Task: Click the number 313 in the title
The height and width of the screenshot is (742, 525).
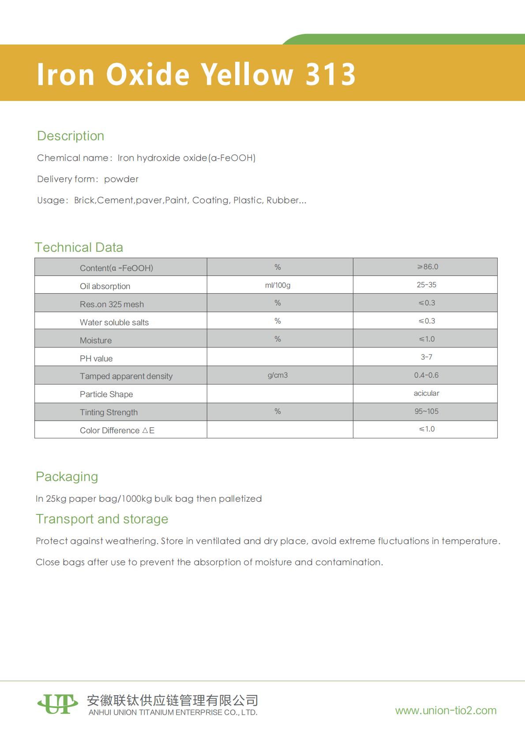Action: (x=330, y=74)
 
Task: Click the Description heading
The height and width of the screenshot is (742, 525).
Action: (x=71, y=136)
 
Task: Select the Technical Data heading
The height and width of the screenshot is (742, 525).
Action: (x=79, y=247)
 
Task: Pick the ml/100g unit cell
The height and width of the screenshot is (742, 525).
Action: (x=277, y=285)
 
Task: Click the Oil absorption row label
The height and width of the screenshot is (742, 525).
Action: (x=105, y=286)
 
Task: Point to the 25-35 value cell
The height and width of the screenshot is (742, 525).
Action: (x=426, y=285)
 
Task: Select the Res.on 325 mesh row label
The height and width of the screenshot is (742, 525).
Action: (x=112, y=304)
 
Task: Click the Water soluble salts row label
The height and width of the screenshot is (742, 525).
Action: (x=114, y=322)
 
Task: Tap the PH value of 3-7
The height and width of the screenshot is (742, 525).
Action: (x=426, y=357)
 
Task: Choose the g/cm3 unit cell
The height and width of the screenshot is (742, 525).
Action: (x=277, y=375)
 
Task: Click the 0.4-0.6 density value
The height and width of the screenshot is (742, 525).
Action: (x=426, y=375)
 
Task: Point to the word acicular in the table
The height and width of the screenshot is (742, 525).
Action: (x=426, y=393)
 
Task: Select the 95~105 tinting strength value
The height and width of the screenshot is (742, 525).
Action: (x=426, y=411)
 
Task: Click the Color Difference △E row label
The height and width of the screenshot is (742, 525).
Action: (x=117, y=430)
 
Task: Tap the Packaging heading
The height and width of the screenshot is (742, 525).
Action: (x=67, y=477)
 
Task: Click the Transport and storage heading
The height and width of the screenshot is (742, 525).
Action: (x=102, y=519)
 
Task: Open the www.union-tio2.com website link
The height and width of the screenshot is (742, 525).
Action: (x=446, y=710)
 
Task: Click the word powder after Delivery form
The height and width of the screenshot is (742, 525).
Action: (x=121, y=179)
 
